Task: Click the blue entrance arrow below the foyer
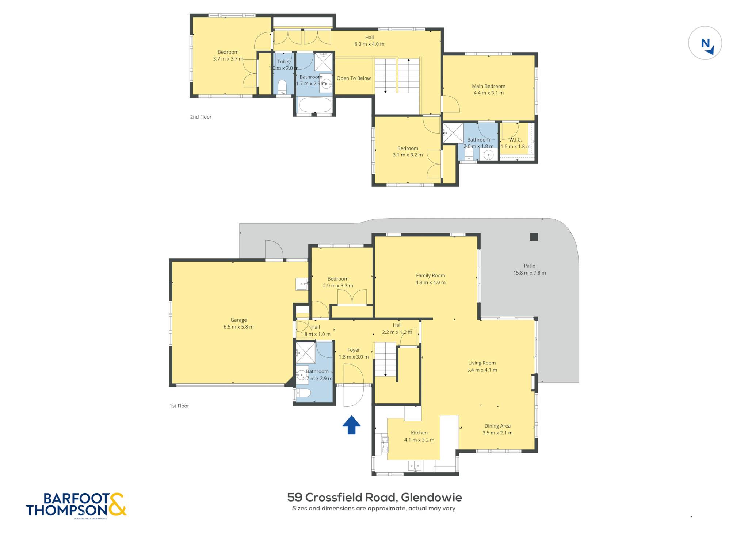tap(351, 425)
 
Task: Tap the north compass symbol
tap(705, 43)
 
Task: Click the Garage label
tap(238, 320)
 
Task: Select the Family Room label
tap(430, 275)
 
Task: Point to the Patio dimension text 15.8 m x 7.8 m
tap(530, 273)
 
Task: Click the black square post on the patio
tap(534, 237)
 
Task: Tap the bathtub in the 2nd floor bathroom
tap(315, 105)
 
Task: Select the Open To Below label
tap(354, 78)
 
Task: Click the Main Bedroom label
tap(489, 86)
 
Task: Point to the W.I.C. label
tap(515, 140)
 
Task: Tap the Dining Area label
tap(497, 426)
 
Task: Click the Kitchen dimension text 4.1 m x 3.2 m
tap(419, 440)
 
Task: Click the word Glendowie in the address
tap(431, 497)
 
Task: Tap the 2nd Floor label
tap(201, 117)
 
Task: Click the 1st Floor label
tap(179, 406)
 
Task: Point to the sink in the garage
tap(302, 284)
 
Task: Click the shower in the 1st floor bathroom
tap(306, 353)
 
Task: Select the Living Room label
tap(482, 363)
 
